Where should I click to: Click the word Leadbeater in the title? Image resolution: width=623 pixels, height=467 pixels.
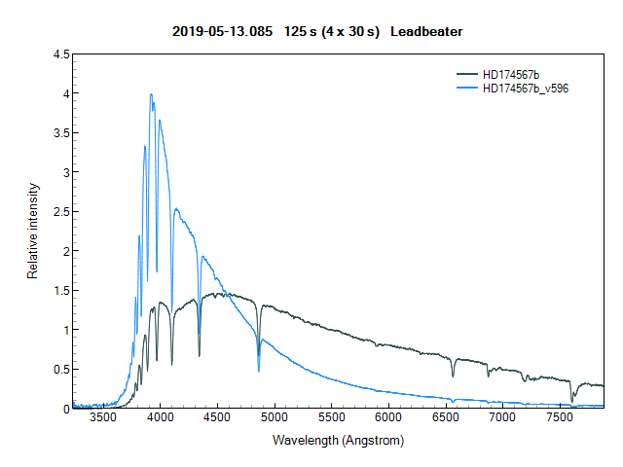click(x=426, y=32)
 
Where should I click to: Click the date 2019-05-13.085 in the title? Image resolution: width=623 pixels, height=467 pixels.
click(x=216, y=32)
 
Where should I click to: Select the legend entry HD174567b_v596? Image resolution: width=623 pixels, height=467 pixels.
click(x=526, y=88)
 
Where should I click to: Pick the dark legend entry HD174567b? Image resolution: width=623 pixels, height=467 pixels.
click(x=510, y=74)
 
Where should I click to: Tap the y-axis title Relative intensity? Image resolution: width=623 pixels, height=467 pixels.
click(x=32, y=231)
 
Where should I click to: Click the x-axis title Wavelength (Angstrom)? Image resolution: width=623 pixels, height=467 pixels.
click(x=338, y=440)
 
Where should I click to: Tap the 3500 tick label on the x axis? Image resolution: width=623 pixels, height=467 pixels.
click(x=102, y=417)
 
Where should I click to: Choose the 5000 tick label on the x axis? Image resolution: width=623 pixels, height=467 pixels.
click(x=275, y=417)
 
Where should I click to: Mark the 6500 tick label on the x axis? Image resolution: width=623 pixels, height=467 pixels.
click(x=445, y=417)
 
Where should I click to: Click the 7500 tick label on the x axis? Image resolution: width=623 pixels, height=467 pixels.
click(x=559, y=417)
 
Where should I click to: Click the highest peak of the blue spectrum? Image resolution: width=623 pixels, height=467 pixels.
click(x=151, y=94)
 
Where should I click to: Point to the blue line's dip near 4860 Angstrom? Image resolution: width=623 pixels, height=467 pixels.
click(x=259, y=371)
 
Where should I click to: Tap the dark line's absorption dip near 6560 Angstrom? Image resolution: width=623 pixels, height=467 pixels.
click(x=453, y=376)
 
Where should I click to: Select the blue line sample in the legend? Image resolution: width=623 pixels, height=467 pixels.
click(x=467, y=88)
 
